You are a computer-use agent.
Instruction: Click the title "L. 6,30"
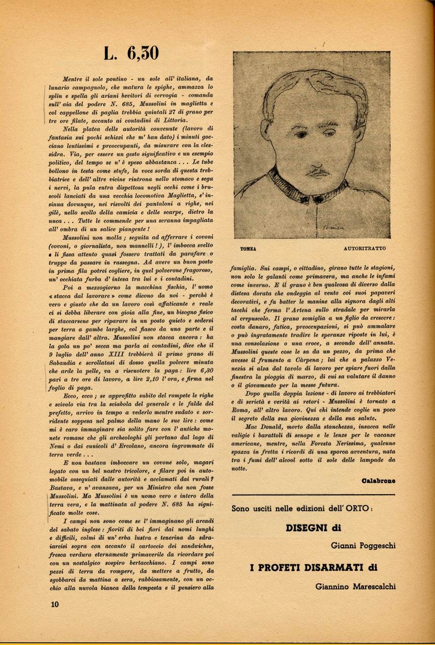[x=131, y=54]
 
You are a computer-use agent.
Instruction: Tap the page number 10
[x=55, y=604]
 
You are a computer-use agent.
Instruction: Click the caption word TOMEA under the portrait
[x=248, y=249]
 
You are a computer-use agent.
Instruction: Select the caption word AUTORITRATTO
[x=364, y=249]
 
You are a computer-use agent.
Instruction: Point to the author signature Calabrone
[x=379, y=480]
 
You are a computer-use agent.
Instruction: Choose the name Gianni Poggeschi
[x=363, y=546]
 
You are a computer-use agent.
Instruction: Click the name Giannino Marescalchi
[x=355, y=586]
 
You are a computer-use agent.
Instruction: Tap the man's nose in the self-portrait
[x=316, y=152]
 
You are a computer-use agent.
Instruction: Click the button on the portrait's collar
[x=318, y=199]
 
